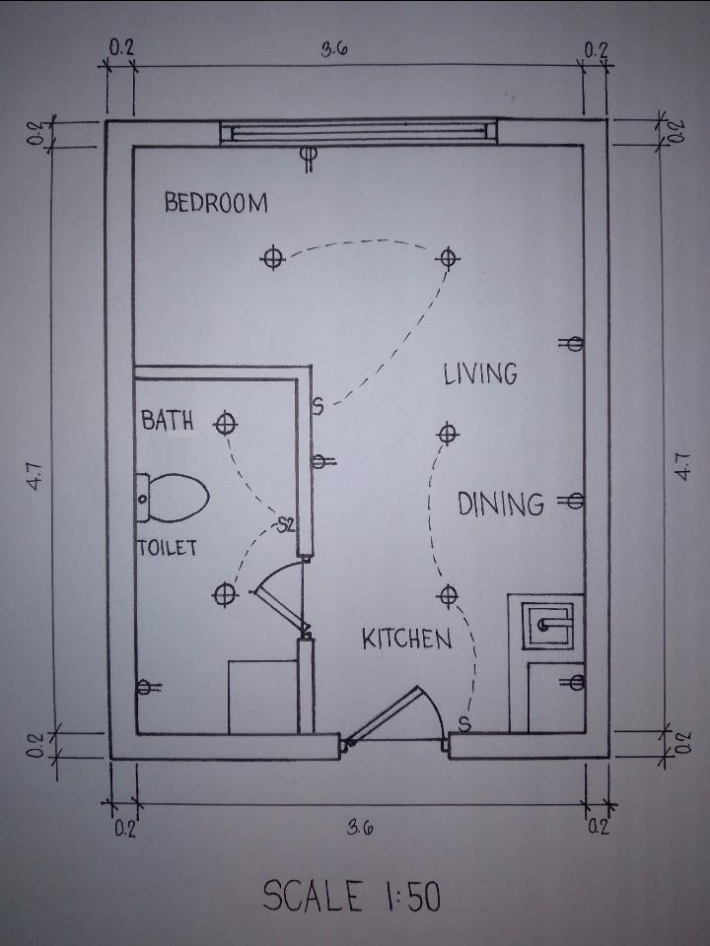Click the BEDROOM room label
click(x=216, y=203)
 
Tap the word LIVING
click(x=480, y=374)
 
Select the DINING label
click(x=500, y=505)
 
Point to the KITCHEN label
click(x=407, y=639)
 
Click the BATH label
click(x=168, y=420)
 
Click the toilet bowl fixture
click(x=173, y=499)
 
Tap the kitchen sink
click(x=546, y=625)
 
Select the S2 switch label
click(x=286, y=525)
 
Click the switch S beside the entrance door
click(x=464, y=722)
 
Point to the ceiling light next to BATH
click(x=225, y=424)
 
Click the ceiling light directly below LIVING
click(x=448, y=434)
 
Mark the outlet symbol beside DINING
click(x=571, y=501)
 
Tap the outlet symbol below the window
click(x=310, y=159)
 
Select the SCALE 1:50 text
click(x=351, y=896)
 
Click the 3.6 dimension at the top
click(x=334, y=49)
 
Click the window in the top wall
click(x=359, y=132)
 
